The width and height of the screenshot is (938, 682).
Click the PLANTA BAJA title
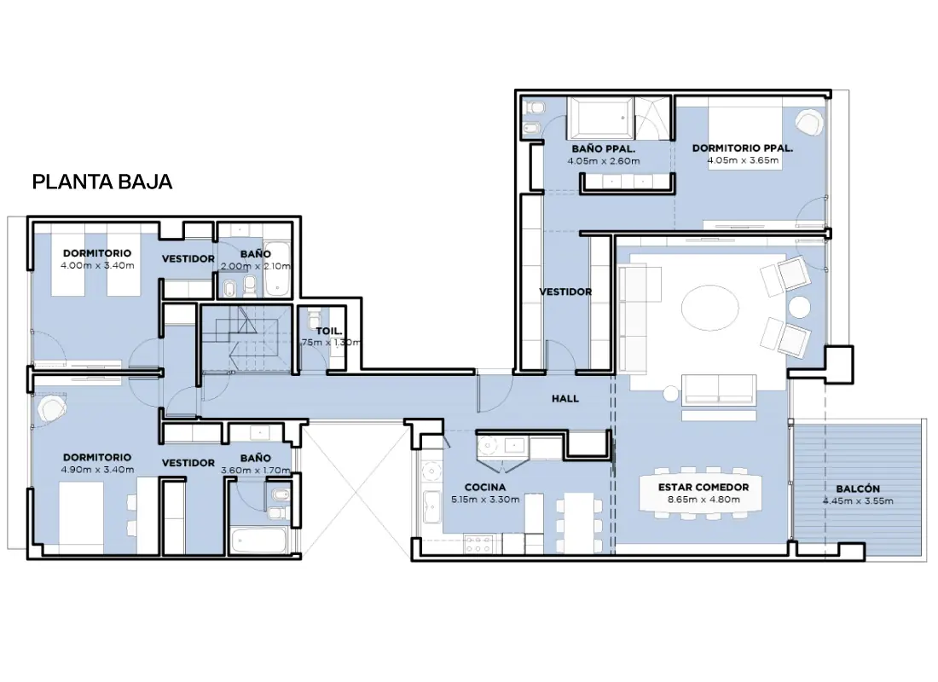click(x=102, y=182)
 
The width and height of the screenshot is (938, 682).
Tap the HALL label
click(x=565, y=398)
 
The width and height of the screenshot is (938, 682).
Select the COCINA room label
click(x=485, y=488)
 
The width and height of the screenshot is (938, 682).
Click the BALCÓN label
click(x=858, y=488)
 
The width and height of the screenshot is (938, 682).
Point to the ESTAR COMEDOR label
click(x=703, y=488)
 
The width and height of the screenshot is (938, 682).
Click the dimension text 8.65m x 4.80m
click(x=703, y=500)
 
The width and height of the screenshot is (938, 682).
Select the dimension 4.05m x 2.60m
click(x=604, y=161)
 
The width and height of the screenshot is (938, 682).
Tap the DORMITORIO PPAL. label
click(x=743, y=148)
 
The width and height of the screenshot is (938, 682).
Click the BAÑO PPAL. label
click(x=604, y=149)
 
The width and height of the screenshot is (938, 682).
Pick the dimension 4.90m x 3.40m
click(x=97, y=470)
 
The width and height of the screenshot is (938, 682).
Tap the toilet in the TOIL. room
click(x=316, y=317)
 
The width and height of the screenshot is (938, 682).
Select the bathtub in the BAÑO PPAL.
click(x=600, y=118)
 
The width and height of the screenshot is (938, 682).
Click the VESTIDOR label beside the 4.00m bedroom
click(x=188, y=259)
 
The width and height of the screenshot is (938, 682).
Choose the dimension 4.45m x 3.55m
click(x=858, y=500)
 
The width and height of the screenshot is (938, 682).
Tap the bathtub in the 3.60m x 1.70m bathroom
click(x=259, y=540)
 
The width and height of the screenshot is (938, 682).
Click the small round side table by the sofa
click(x=670, y=394)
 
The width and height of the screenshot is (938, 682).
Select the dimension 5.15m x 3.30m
click(x=485, y=500)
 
